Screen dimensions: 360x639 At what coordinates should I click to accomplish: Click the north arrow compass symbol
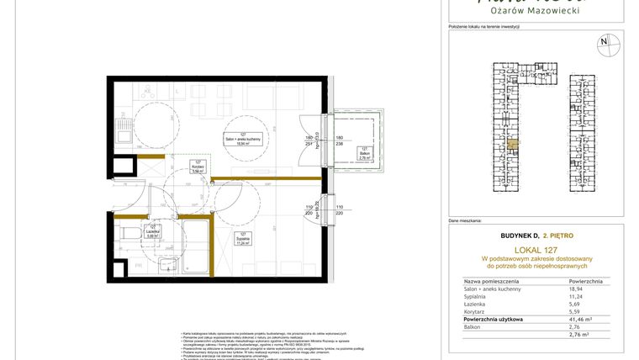(x=603, y=41)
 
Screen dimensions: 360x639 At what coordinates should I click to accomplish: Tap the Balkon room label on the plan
(x=364, y=152)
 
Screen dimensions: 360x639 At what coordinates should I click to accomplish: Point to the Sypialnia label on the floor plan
(x=243, y=238)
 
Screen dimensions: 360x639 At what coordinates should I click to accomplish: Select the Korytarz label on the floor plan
(x=198, y=167)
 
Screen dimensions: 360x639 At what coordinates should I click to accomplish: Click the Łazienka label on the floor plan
(x=153, y=231)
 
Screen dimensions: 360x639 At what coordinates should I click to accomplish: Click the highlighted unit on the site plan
(x=513, y=145)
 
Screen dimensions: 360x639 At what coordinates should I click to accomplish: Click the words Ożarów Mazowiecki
(x=537, y=10)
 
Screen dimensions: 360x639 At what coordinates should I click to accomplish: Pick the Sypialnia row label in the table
(x=477, y=297)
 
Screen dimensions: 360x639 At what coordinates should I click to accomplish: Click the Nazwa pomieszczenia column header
(x=491, y=280)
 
